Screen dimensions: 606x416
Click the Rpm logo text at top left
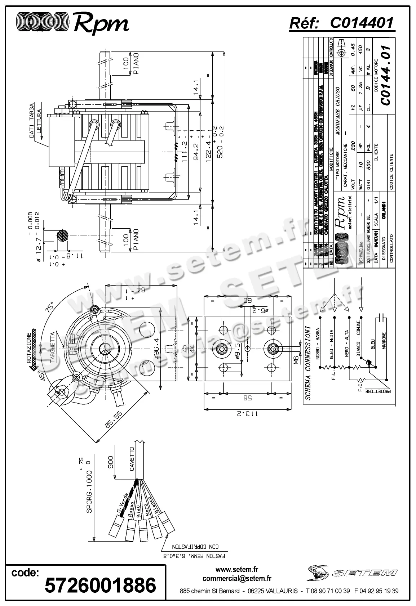click(x=101, y=23)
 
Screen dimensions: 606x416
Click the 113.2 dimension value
click(x=247, y=413)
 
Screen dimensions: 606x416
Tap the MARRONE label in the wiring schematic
click(x=384, y=341)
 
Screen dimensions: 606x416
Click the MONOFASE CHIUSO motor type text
click(x=338, y=111)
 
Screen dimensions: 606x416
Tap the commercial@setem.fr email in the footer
click(x=237, y=578)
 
